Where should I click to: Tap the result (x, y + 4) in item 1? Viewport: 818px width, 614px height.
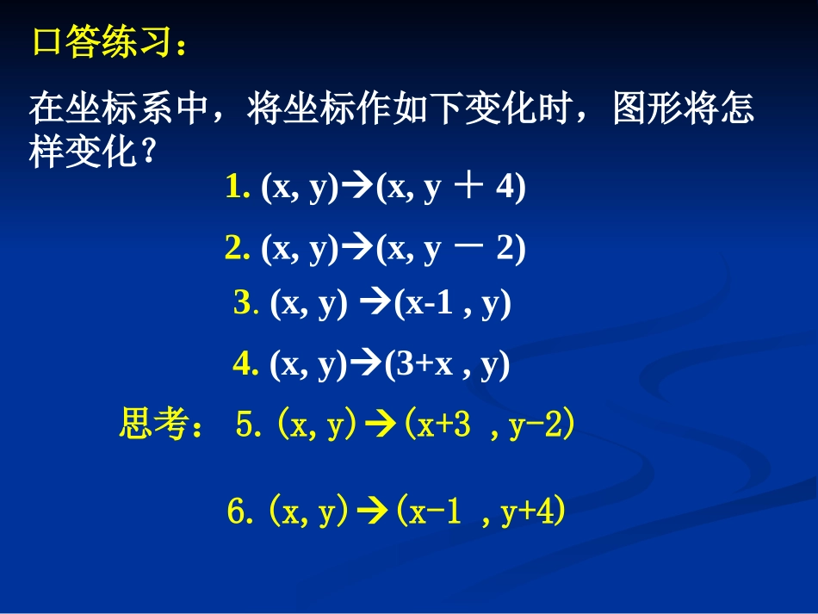tap(450, 189)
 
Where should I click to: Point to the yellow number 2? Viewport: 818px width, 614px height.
tap(238, 249)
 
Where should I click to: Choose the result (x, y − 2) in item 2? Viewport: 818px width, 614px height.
tap(450, 250)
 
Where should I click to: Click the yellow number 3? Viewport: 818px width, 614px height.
tap(245, 305)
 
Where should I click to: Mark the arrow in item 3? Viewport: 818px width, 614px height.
tap(372, 305)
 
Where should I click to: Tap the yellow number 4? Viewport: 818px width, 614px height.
tap(245, 366)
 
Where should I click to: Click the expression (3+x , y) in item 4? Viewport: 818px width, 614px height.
tap(446, 367)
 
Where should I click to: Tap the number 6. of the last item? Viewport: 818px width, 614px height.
tap(239, 513)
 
